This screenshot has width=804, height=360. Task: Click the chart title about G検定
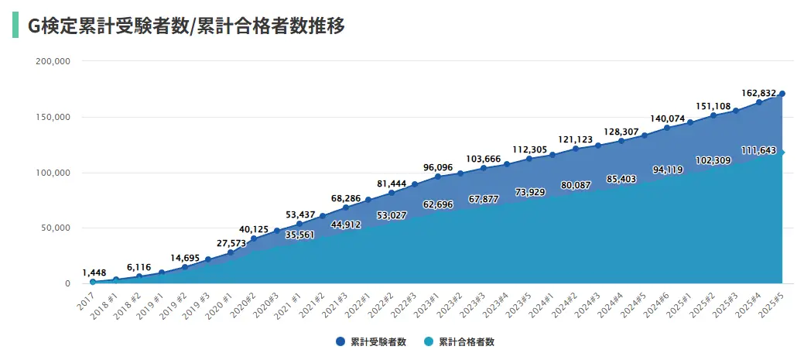click(x=186, y=26)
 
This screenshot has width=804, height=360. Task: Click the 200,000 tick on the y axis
click(x=53, y=61)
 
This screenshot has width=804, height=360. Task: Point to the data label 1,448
click(x=94, y=273)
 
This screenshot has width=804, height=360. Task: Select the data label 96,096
click(x=438, y=166)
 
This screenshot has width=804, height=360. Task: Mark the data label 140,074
click(x=667, y=118)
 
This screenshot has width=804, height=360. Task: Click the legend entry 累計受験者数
click(x=371, y=341)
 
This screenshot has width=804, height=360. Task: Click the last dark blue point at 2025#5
click(x=782, y=94)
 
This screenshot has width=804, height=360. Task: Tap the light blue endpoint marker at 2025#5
click(x=782, y=153)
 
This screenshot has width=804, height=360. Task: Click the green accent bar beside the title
click(x=15, y=25)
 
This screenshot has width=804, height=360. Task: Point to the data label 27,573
click(x=231, y=243)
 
